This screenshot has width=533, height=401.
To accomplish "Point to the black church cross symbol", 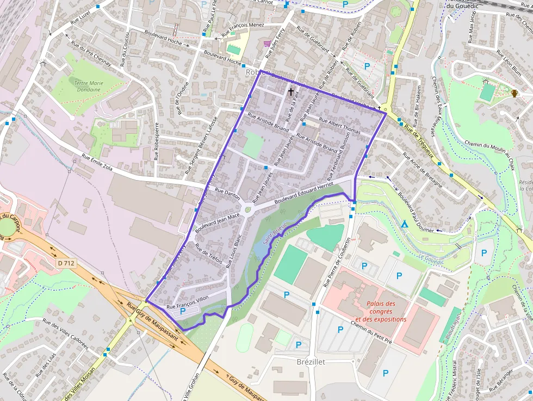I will (291, 92).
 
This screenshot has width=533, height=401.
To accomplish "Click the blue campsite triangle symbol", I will (404, 224).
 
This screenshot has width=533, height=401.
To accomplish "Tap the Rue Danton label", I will (227, 194).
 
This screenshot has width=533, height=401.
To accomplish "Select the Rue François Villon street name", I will (187, 303).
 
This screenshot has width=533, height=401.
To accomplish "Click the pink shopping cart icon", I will (266, 44).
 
